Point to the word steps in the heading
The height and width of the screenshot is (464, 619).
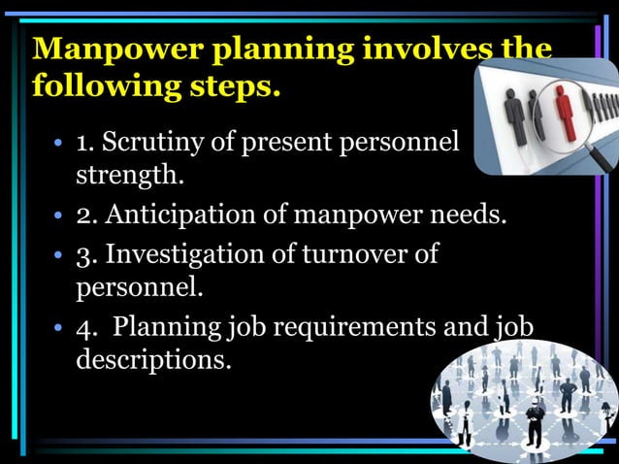[x=234, y=86]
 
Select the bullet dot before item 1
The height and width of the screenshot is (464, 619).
[x=59, y=146]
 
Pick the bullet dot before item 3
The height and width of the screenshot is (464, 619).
[x=59, y=254]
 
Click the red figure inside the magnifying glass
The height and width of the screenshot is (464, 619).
[x=561, y=104]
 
